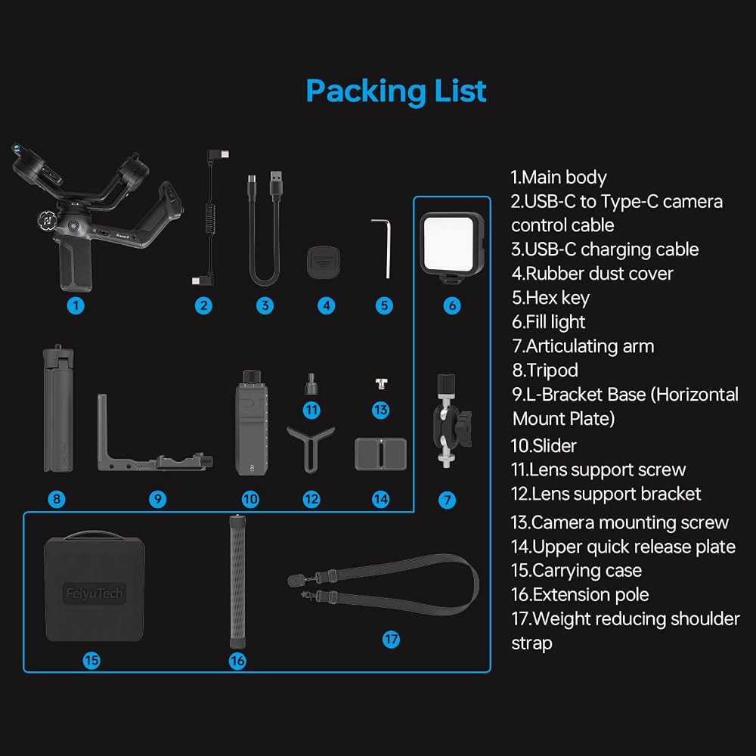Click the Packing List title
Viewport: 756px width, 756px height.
pyautogui.click(x=396, y=91)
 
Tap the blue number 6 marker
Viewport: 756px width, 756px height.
pyautogui.click(x=452, y=305)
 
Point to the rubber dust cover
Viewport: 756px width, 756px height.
pyautogui.click(x=323, y=262)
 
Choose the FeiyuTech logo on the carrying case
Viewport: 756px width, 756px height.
pyautogui.click(x=94, y=593)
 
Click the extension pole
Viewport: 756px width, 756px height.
pyautogui.click(x=237, y=581)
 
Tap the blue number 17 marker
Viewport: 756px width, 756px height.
pyautogui.click(x=391, y=640)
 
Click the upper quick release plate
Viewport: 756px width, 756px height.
pyautogui.click(x=380, y=454)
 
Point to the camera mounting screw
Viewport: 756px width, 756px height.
pyautogui.click(x=381, y=384)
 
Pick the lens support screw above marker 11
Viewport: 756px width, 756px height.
pyautogui.click(x=311, y=384)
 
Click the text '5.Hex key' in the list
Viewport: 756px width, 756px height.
pyautogui.click(x=550, y=298)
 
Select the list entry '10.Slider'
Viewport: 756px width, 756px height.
pyautogui.click(x=544, y=445)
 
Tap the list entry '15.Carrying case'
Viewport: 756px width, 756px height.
pyautogui.click(x=577, y=570)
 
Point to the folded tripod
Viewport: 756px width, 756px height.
pyautogui.click(x=58, y=409)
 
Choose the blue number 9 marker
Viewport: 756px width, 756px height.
pyautogui.click(x=158, y=499)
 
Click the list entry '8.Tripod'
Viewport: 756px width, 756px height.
pyautogui.click(x=545, y=370)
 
